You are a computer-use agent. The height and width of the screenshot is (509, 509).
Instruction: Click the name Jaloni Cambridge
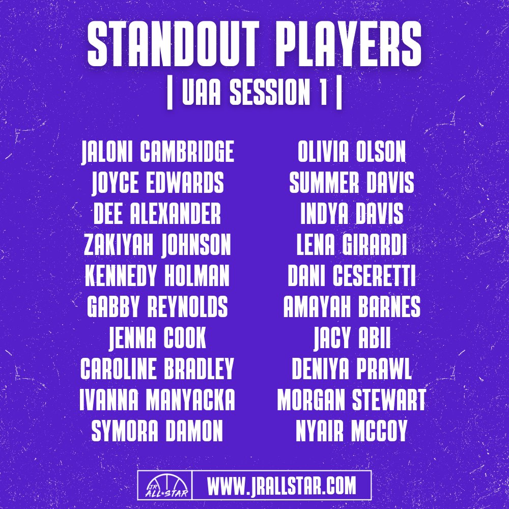(158, 153)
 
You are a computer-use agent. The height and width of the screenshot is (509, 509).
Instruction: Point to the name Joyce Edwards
(158, 183)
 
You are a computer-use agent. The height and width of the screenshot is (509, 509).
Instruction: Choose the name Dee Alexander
(158, 214)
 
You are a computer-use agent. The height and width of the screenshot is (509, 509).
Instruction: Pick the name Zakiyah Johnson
(158, 246)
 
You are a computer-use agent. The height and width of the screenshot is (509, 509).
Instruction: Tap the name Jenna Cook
(158, 338)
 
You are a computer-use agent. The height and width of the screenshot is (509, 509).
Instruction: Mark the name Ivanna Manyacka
(158, 401)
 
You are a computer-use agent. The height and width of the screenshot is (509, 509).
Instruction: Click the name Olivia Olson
(352, 153)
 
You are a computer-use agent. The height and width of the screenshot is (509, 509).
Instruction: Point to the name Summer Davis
(352, 183)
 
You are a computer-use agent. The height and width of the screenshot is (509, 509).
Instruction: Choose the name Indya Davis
(352, 214)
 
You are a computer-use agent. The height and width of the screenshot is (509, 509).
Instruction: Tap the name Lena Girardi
(352, 246)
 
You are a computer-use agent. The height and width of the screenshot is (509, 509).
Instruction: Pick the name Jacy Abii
(352, 338)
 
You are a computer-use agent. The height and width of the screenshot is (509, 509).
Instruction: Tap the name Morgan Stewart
(352, 401)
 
